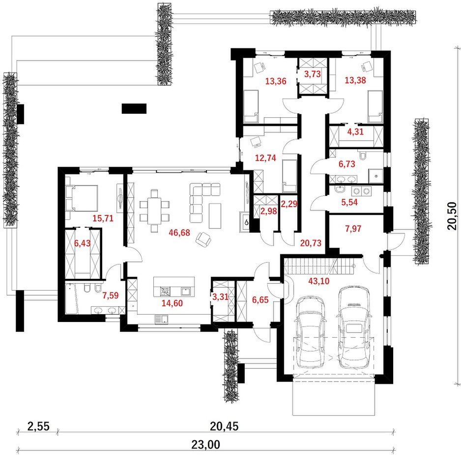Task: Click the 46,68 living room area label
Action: pyautogui.click(x=179, y=233)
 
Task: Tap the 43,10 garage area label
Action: pyautogui.click(x=318, y=281)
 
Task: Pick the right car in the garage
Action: pyautogui.click(x=354, y=327)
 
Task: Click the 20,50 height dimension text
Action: pyautogui.click(x=452, y=216)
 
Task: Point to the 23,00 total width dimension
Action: pyautogui.click(x=206, y=444)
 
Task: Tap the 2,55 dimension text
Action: pyautogui.click(x=38, y=426)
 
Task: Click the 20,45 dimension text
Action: pyautogui.click(x=224, y=426)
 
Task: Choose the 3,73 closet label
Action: pyautogui.click(x=312, y=74)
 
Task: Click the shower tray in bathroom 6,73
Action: pyautogui.click(x=376, y=176)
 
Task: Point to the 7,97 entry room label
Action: pyautogui.click(x=353, y=228)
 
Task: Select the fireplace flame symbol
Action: pyautogui.click(x=246, y=222)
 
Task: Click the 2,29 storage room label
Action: pyautogui.click(x=289, y=204)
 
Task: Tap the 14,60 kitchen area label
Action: pyautogui.click(x=173, y=303)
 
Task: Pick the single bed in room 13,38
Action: pyautogui.click(x=375, y=107)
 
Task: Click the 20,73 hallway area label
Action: pyautogui.click(x=311, y=243)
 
